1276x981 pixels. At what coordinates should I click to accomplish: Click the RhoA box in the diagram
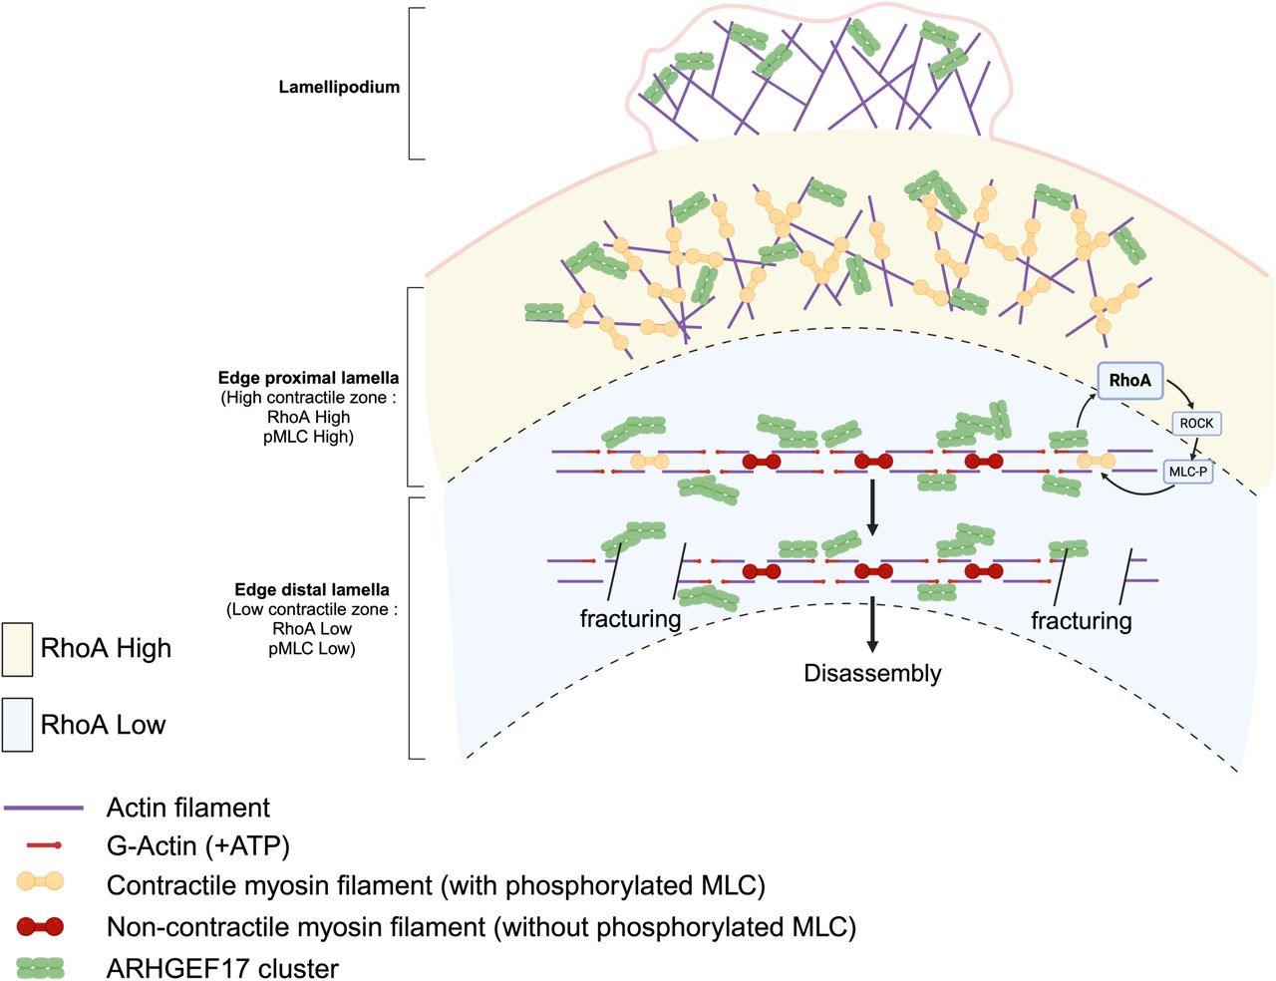[x=1129, y=380]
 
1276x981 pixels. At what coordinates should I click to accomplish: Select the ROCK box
[x=1196, y=423]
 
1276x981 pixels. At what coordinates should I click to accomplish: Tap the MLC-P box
[x=1187, y=472]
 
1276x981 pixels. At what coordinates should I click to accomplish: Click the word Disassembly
[x=872, y=673]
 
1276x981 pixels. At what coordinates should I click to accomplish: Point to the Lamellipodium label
[x=339, y=87]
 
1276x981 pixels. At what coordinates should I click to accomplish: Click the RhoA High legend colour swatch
[x=17, y=649]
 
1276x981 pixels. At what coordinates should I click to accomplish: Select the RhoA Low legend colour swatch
[x=17, y=725]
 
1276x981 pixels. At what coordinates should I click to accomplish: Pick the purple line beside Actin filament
[x=43, y=808]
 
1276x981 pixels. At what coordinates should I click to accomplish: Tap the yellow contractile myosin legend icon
[x=40, y=881]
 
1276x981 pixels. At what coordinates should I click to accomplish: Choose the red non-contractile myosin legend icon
[x=40, y=927]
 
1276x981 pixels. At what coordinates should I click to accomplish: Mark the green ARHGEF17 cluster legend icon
[x=40, y=968]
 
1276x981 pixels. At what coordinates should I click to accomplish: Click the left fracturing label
[x=630, y=619]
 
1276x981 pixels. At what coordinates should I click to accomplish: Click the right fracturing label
[x=1081, y=621]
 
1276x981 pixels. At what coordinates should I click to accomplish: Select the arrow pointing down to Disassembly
[x=873, y=625]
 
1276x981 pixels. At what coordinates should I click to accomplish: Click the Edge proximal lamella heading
[x=308, y=378]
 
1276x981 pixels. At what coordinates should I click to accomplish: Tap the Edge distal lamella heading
[x=312, y=589]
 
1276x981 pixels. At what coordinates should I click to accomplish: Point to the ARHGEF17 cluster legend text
[x=222, y=968]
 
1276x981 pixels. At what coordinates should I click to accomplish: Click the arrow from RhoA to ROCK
[x=1182, y=391]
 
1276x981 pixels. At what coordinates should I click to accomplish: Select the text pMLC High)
[x=308, y=436]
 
